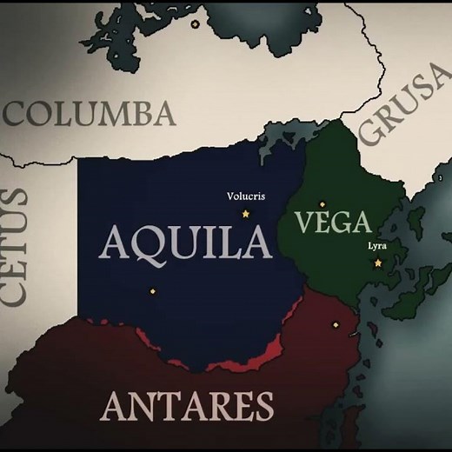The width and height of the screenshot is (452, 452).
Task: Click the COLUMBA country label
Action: tap(90, 114)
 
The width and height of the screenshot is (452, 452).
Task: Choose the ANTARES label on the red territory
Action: tap(188, 405)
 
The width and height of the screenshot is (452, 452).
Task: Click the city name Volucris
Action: tap(244, 196)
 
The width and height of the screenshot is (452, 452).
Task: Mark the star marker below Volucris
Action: tap(245, 213)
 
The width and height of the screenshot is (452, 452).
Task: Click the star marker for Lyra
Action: tap(378, 263)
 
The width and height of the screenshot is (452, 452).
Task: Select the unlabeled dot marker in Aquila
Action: tap(152, 291)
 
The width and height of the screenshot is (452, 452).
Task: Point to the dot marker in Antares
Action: tap(335, 324)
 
